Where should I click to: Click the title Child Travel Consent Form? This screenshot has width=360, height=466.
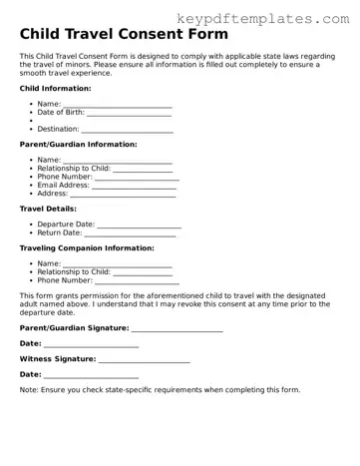tap(123, 35)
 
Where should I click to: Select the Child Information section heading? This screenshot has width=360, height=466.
tap(55, 89)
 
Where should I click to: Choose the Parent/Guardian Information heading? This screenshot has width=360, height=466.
tap(79, 145)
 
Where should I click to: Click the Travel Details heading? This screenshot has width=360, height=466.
tap(48, 209)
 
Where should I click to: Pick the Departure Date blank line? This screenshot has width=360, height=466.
tap(140, 225)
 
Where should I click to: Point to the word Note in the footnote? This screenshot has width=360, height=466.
tap(28, 390)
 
